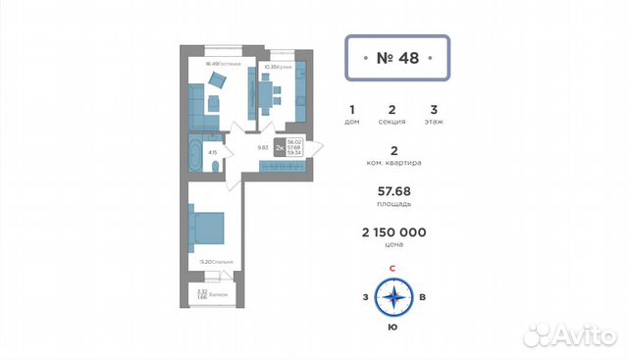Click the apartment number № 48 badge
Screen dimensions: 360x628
tap(397, 58)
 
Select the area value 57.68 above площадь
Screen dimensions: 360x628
tap(392, 191)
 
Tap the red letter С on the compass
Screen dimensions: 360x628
tap(392, 268)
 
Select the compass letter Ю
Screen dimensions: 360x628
tap(392, 326)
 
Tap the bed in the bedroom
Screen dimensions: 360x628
tap(209, 229)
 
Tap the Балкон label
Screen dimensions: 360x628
tap(218, 294)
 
